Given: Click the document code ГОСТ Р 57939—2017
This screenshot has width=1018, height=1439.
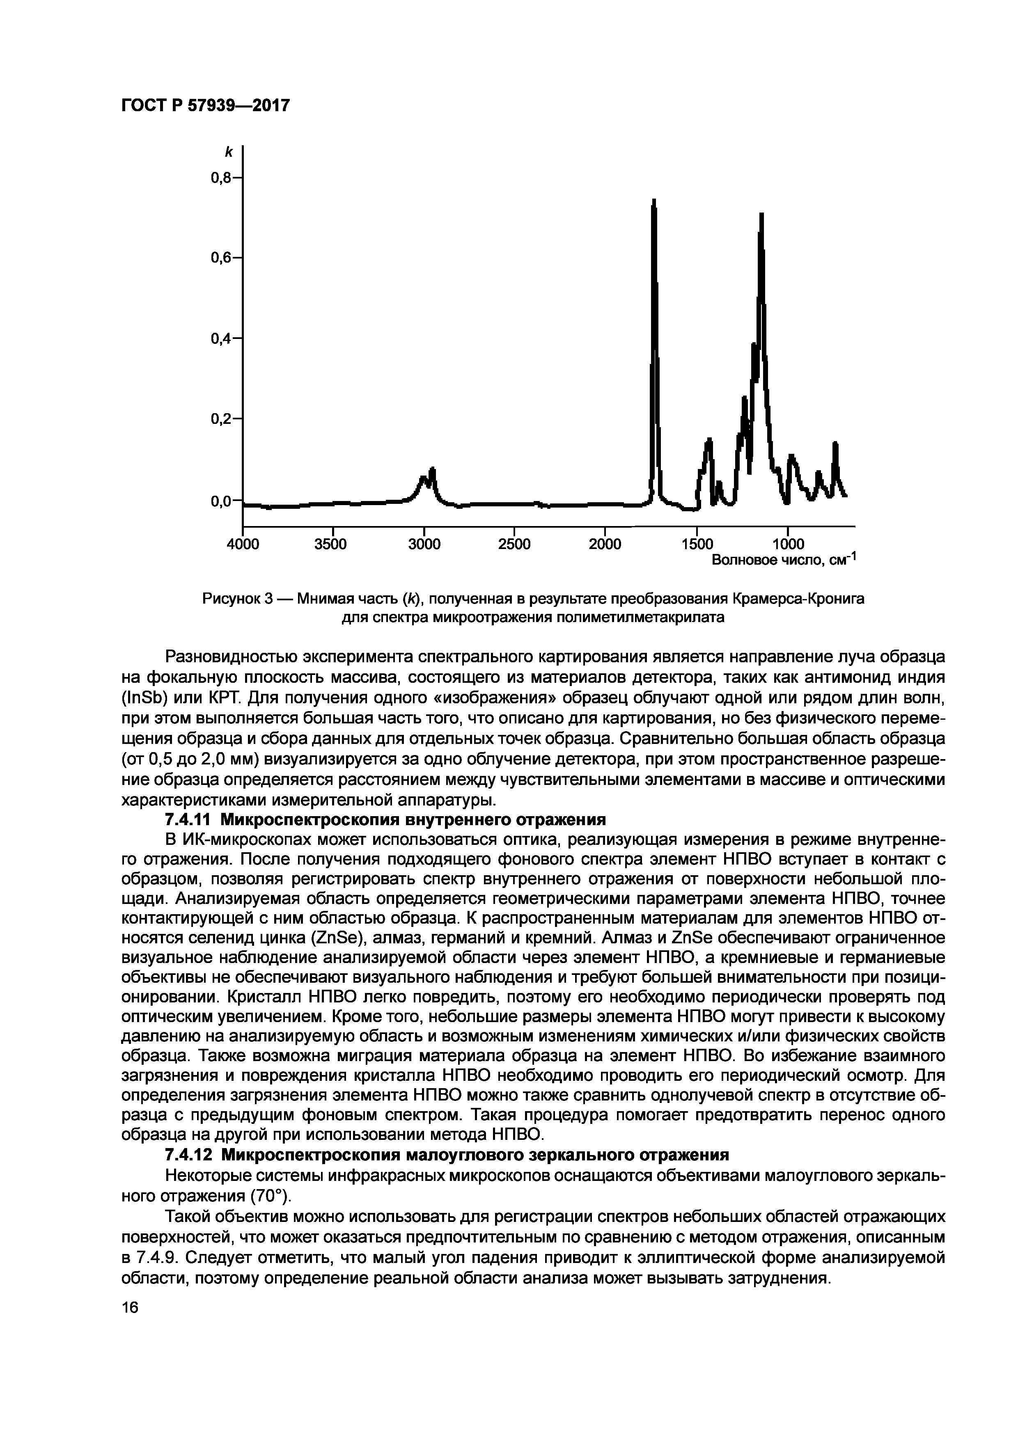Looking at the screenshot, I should (x=206, y=105).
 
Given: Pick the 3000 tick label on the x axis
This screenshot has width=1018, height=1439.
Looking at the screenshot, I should (x=424, y=544).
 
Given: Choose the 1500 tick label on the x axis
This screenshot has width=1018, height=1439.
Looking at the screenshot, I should (x=697, y=544).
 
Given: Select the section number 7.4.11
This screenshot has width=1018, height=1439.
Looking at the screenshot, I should (x=188, y=820).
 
